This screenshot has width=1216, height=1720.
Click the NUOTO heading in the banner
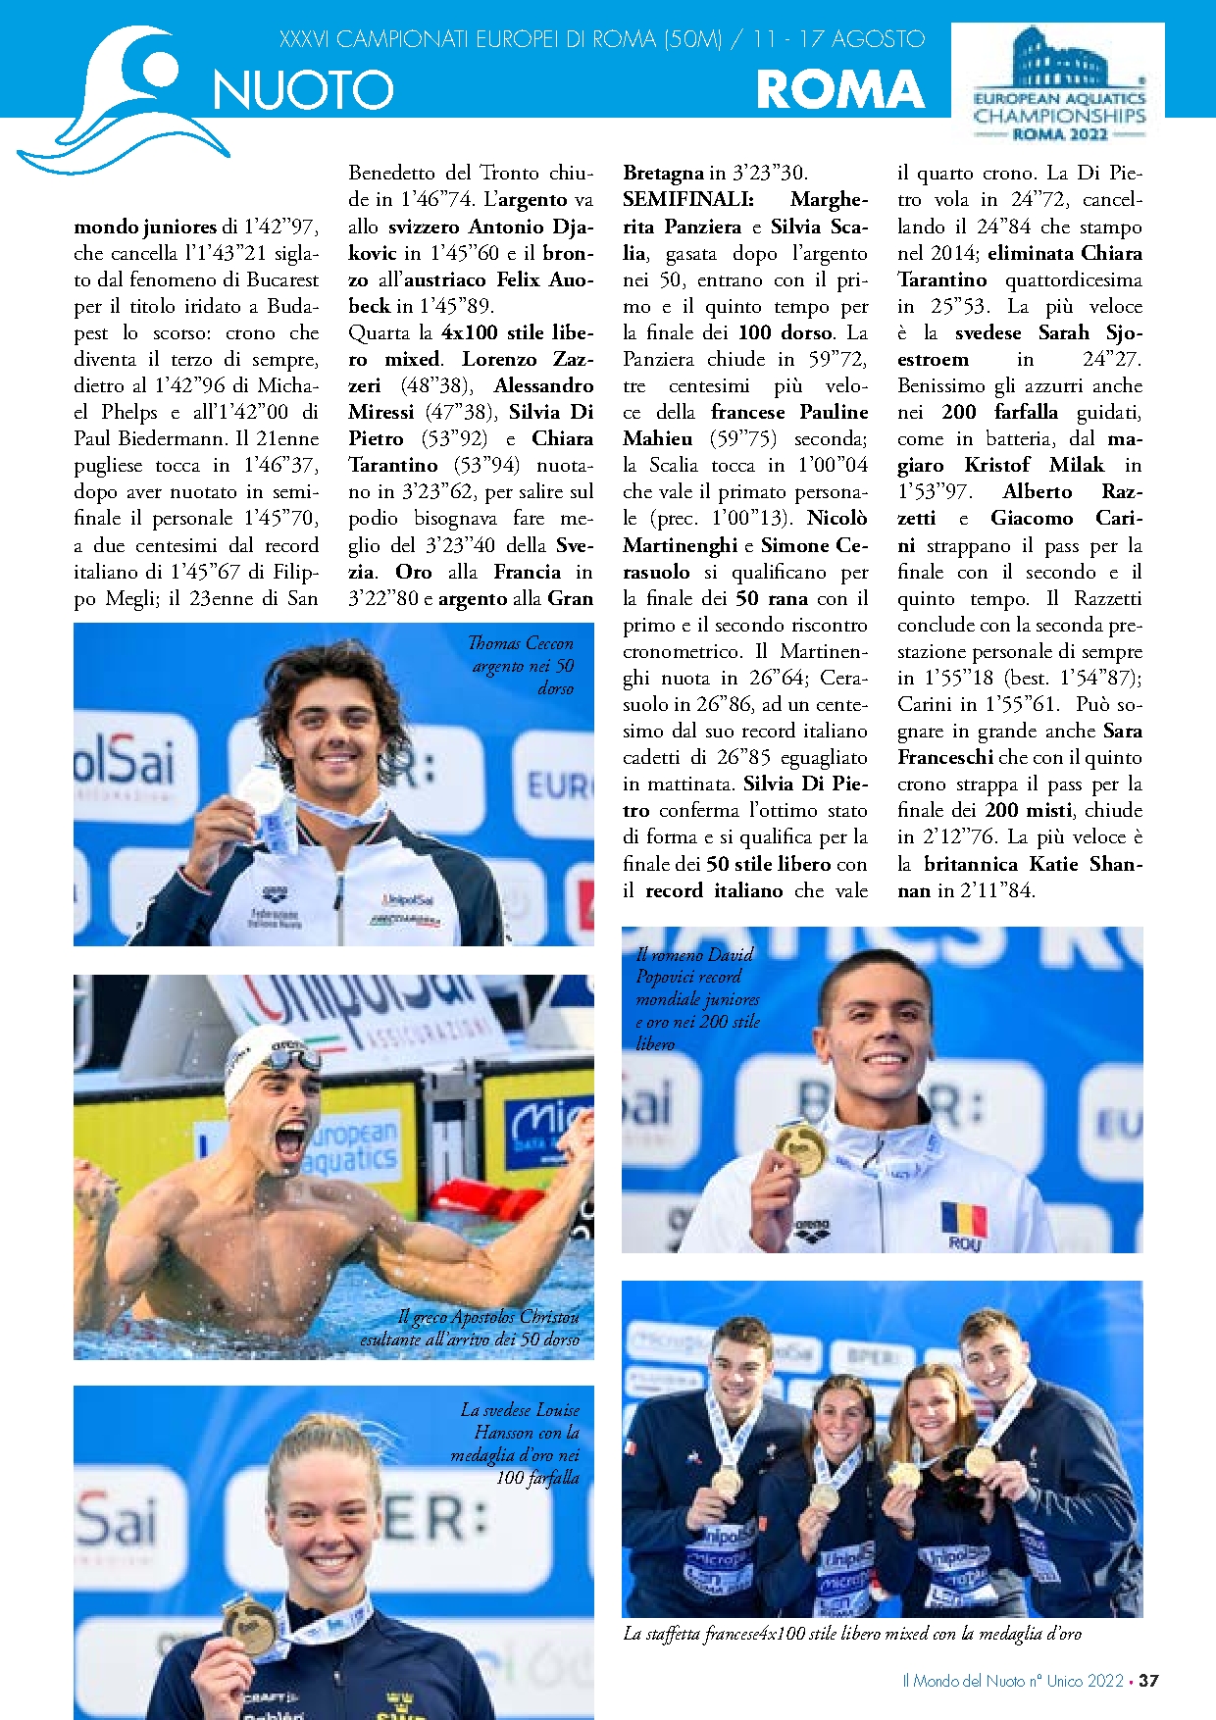tap(303, 91)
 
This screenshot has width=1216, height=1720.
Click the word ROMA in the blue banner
tap(840, 90)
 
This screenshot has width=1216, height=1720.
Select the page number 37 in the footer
tap(1148, 1680)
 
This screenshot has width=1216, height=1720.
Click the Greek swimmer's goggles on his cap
tap(293, 1058)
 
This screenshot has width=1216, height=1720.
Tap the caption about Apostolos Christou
tap(471, 1328)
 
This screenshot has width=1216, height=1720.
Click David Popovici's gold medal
tap(799, 1146)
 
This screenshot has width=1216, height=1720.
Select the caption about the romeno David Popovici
tap(697, 998)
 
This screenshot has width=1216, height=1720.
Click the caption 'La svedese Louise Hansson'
tap(517, 1443)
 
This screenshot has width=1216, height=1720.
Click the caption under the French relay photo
tap(852, 1634)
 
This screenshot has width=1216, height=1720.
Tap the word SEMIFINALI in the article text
tap(687, 200)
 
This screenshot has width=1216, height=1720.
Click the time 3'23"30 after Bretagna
tap(770, 174)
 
